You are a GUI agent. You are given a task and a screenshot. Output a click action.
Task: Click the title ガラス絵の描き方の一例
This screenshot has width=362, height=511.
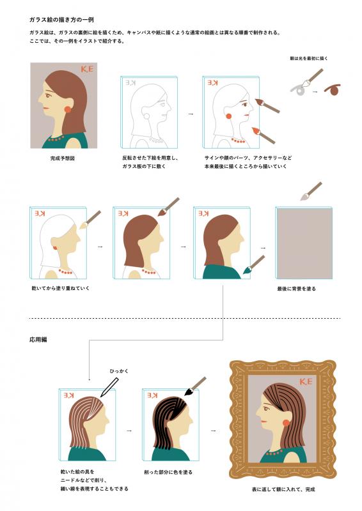pos(61,20)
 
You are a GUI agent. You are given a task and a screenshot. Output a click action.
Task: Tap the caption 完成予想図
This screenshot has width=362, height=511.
pos(62,158)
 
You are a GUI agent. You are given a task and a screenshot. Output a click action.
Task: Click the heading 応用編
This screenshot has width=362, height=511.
pos(38,339)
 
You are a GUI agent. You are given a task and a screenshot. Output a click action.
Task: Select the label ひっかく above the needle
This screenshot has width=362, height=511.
pos(119,371)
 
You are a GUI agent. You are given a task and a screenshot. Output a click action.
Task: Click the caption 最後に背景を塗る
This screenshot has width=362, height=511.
pos(296,289)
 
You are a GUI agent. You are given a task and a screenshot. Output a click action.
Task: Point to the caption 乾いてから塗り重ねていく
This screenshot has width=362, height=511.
pos(60,288)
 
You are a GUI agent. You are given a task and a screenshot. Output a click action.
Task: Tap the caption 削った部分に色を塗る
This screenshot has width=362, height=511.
pos(168,472)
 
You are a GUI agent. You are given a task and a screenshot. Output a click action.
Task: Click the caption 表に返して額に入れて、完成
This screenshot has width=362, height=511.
pos(283,489)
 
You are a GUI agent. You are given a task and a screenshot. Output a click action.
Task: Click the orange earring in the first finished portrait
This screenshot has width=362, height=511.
pos(68,109)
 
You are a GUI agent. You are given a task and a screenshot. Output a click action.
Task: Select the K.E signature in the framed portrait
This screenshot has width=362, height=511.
pos(306,381)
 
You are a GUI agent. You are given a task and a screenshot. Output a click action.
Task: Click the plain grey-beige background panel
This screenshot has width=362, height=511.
pos(304,243)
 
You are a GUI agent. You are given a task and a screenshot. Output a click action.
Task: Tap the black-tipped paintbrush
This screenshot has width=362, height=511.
pos(195,386)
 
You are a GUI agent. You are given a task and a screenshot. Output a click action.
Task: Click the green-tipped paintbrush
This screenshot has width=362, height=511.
pos(254,264)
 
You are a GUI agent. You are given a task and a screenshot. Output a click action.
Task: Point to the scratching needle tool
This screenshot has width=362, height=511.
pos(109,388)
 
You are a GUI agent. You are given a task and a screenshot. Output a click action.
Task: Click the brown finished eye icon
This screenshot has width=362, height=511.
pos(333,89)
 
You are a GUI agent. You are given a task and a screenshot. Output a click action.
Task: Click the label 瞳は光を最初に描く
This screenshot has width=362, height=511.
pos(309,58)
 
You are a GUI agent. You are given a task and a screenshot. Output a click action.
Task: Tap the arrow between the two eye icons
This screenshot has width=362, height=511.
pos(315,92)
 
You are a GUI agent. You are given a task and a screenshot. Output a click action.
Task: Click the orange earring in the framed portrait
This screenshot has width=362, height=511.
pos(286,423)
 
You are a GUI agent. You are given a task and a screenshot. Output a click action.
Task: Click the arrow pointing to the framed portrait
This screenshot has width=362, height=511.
pos(214,431)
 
